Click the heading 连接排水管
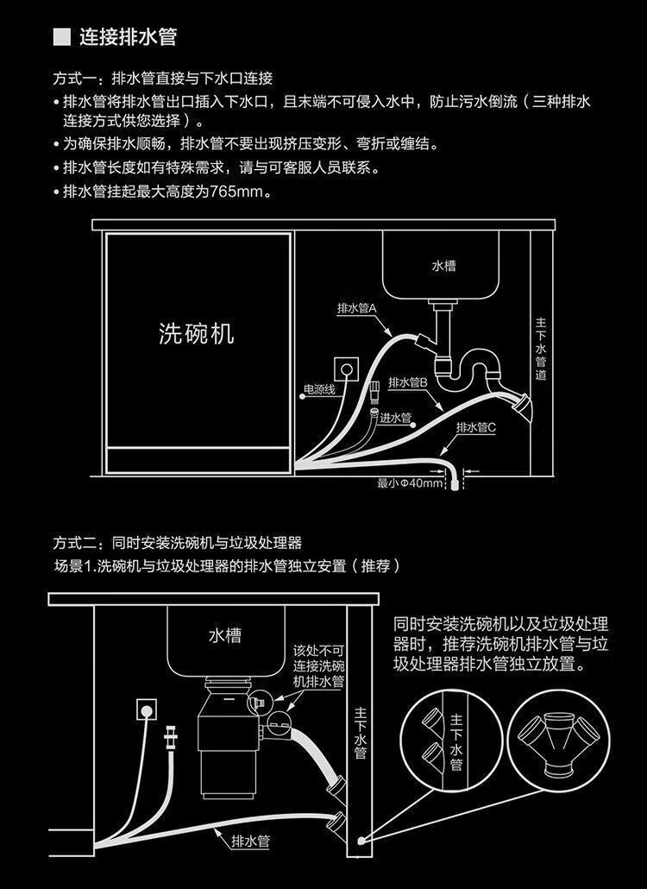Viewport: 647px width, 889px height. (128, 37)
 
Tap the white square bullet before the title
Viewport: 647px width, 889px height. (60, 37)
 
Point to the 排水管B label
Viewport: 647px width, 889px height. (409, 382)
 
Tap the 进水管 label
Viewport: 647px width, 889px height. (396, 418)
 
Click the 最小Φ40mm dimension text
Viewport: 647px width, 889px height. (410, 483)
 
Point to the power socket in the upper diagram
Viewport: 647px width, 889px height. (347, 369)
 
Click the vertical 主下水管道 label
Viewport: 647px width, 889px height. (541, 349)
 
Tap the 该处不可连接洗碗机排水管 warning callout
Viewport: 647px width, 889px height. (319, 665)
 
